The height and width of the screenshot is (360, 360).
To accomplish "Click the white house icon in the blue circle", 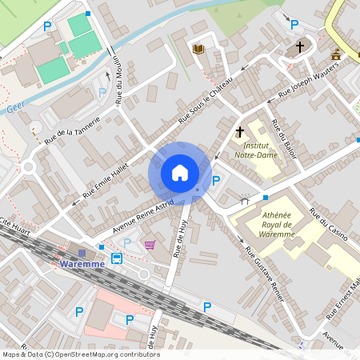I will (x=180, y=173).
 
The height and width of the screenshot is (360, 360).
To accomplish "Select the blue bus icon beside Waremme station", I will (x=117, y=258).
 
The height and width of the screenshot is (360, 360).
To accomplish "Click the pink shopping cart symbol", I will (x=150, y=244).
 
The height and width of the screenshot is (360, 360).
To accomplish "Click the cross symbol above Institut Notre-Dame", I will (x=239, y=131).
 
